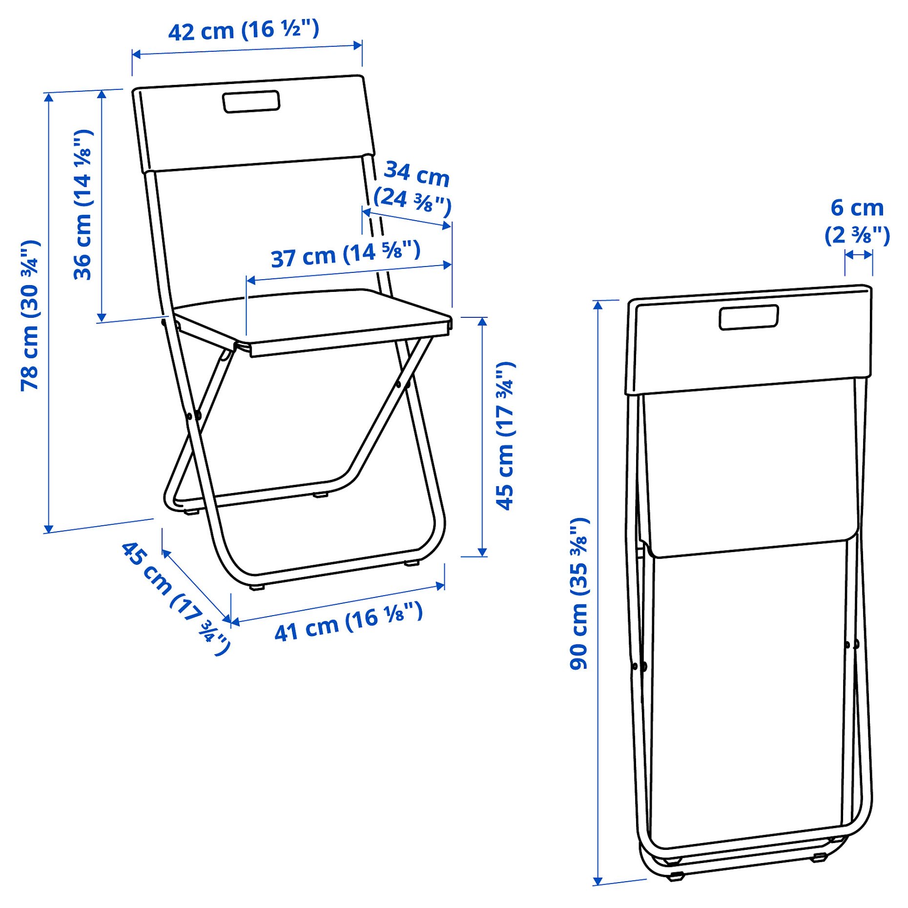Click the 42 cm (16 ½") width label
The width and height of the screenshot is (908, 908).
coord(244,30)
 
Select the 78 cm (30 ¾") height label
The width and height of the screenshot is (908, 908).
coord(30,315)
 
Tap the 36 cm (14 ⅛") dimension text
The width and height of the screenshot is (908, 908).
coord(83,205)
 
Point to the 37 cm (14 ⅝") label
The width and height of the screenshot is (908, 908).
coord(346,254)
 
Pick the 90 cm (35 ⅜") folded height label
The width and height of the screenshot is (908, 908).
coord(579,594)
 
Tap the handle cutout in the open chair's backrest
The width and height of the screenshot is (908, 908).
coord(251,102)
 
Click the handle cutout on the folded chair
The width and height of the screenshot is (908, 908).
coord(748,317)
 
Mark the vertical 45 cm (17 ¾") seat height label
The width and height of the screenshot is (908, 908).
coord(505,436)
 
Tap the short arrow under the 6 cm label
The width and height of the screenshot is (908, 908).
coord(859,255)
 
